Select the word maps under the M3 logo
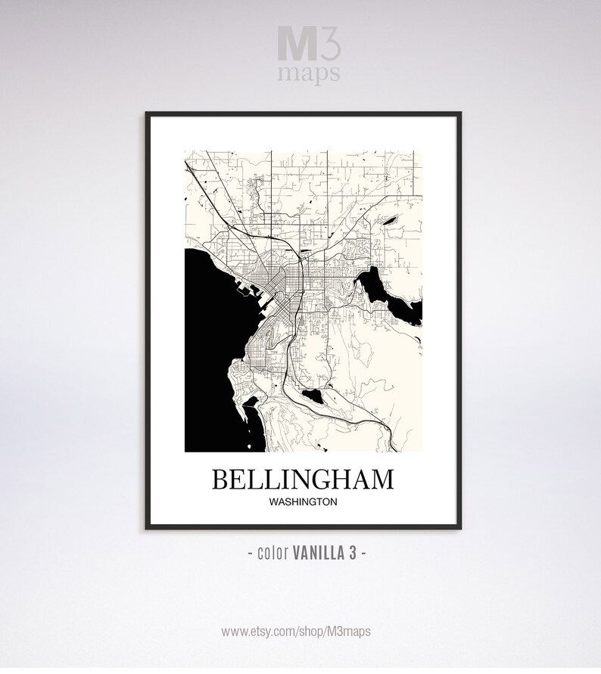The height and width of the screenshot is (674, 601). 309,73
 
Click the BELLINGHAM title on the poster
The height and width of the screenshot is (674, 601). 303,480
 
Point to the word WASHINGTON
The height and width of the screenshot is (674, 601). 303,501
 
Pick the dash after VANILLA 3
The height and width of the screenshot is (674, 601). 365,553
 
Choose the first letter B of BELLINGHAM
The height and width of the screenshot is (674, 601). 221,480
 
